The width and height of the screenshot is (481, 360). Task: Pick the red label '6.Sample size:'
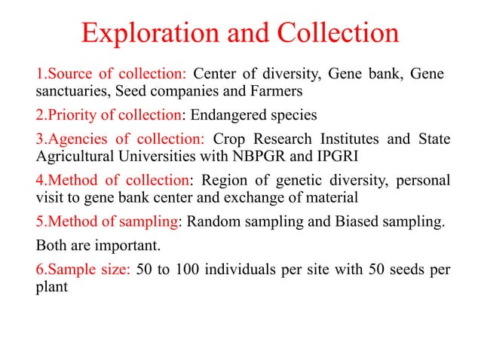84,271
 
